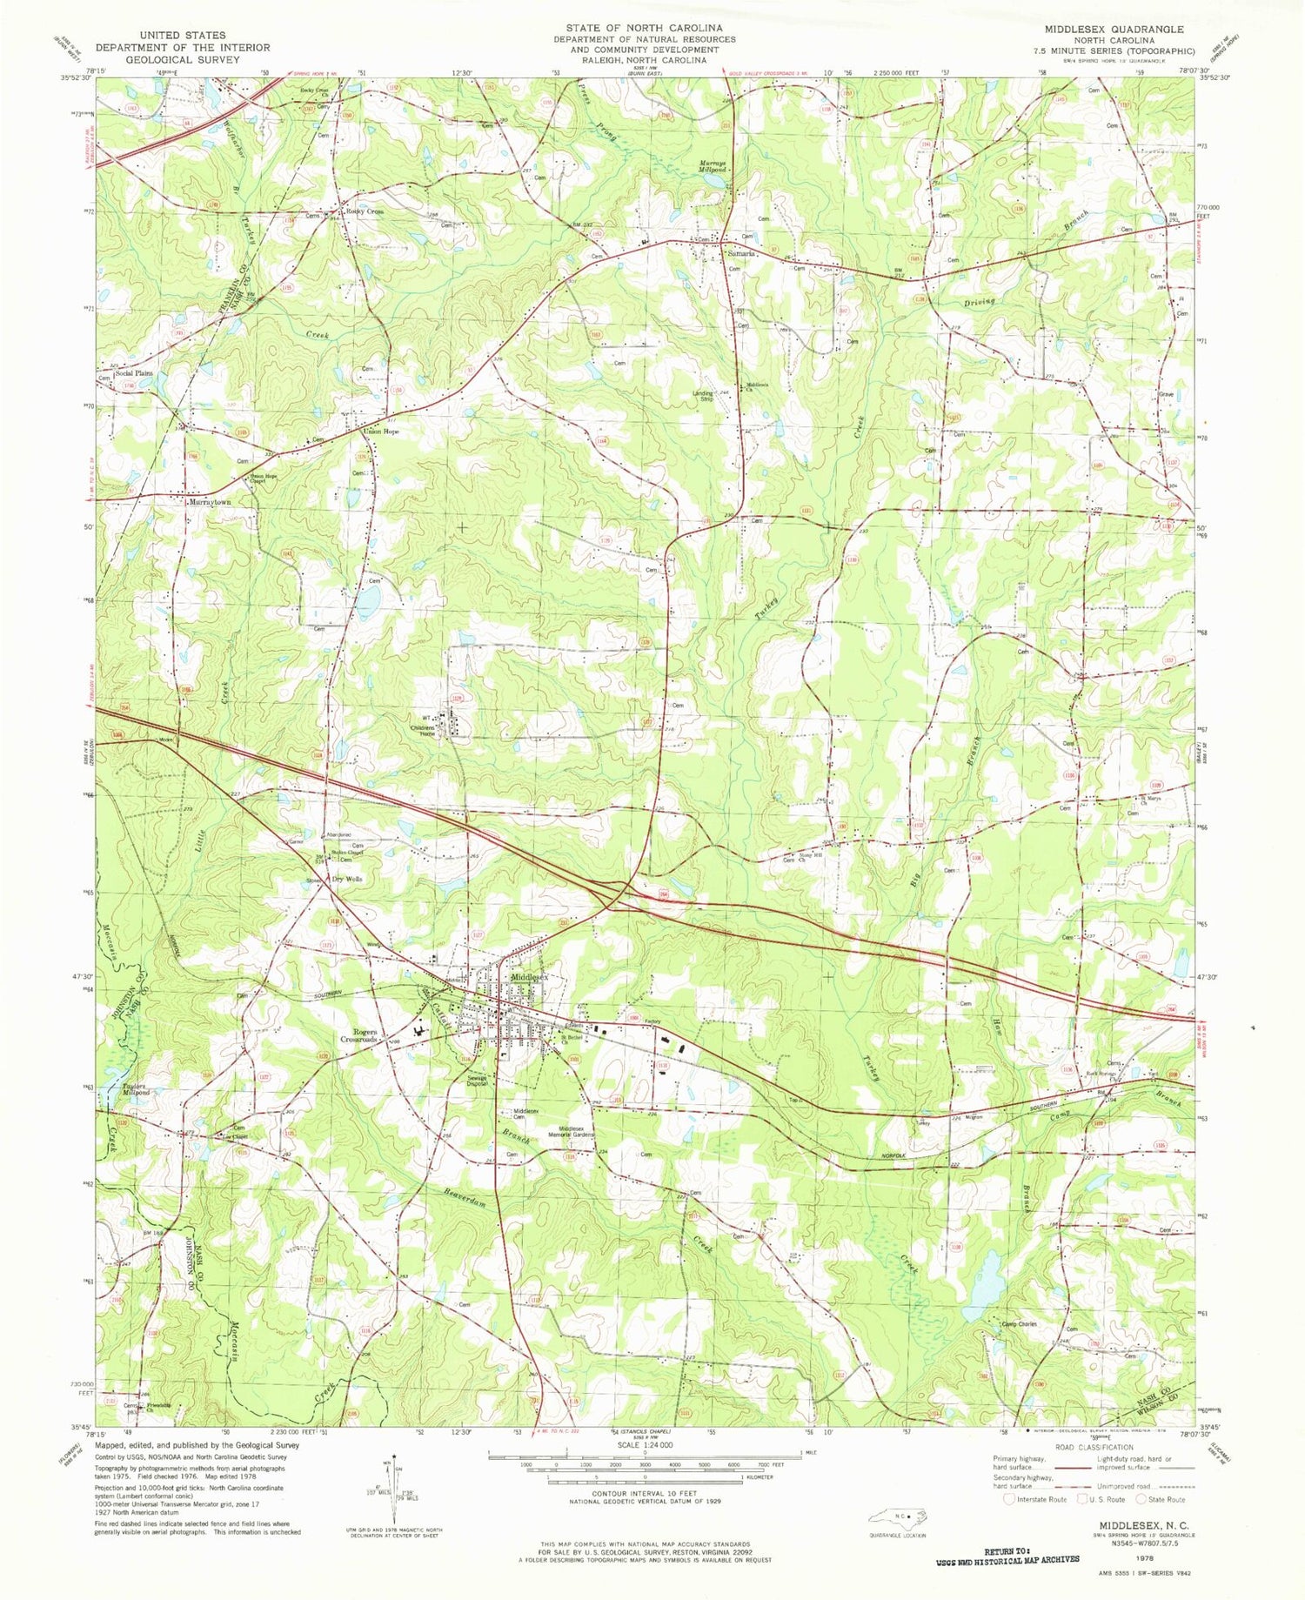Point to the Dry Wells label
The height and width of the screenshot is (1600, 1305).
pos(348,879)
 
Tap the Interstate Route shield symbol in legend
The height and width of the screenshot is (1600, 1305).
pos(1010,1499)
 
